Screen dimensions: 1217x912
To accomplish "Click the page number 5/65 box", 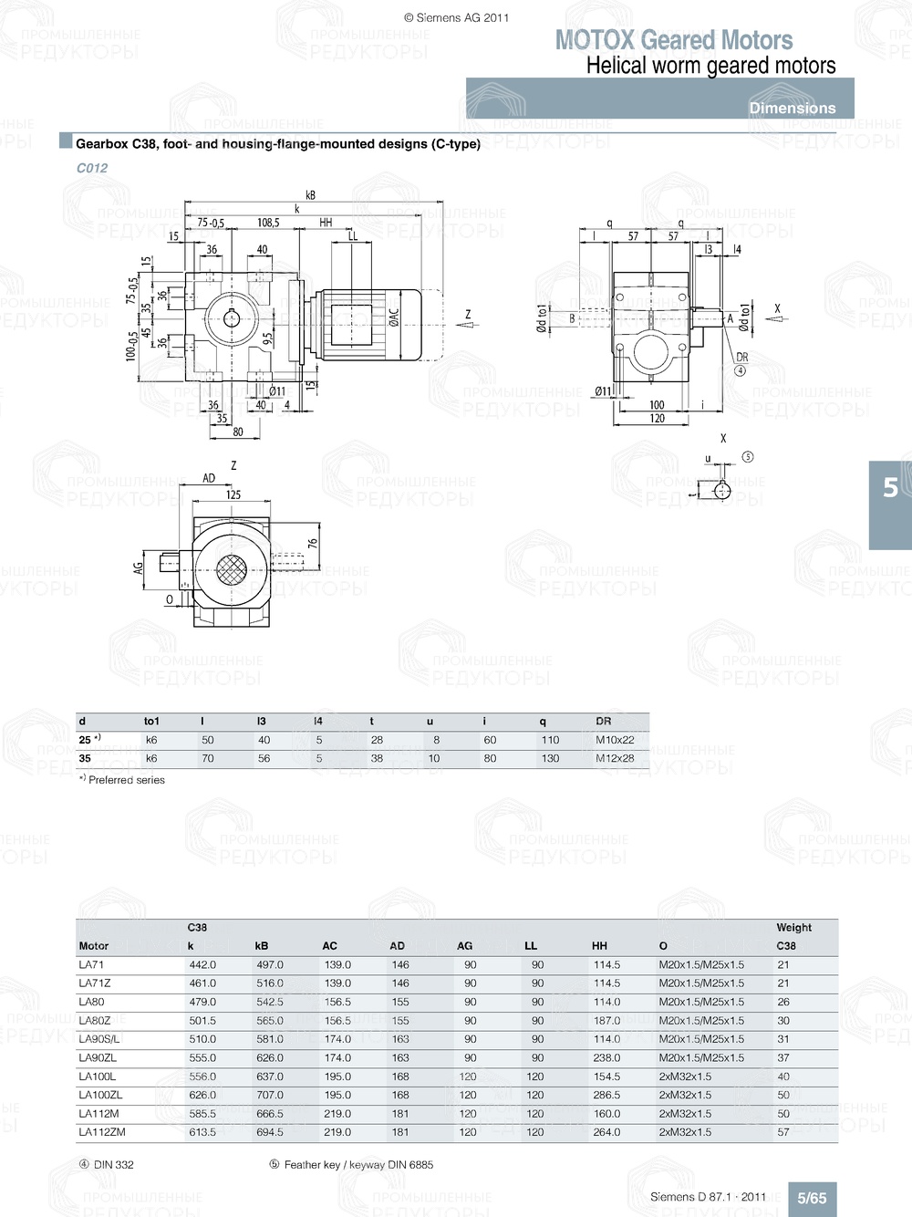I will click(812, 1199).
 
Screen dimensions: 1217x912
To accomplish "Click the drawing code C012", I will click(92, 168).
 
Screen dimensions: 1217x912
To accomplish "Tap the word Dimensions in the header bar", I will click(793, 108).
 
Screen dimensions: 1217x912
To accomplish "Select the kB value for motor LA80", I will click(270, 1002).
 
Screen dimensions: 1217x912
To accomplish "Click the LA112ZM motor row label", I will click(102, 1132).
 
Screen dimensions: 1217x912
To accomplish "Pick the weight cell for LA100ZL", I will click(783, 1095).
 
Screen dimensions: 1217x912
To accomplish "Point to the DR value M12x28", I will click(615, 758).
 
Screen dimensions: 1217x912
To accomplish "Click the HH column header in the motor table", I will click(599, 946).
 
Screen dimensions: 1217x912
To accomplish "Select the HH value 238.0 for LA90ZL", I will click(606, 1058).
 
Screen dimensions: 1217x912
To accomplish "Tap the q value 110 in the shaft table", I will click(550, 740).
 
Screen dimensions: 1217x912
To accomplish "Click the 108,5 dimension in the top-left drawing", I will click(268, 223).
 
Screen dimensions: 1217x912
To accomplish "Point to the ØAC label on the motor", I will click(394, 317).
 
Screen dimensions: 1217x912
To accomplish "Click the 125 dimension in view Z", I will click(233, 494).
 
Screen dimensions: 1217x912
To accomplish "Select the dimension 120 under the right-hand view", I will click(657, 419).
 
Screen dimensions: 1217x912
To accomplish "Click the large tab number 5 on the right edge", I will click(890, 488).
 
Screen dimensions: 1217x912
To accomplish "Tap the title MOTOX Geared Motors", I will click(674, 40).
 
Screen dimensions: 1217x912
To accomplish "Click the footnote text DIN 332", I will click(113, 1165).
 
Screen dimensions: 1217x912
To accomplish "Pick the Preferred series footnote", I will click(127, 780).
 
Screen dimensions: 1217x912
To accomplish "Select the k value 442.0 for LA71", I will click(202, 965).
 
